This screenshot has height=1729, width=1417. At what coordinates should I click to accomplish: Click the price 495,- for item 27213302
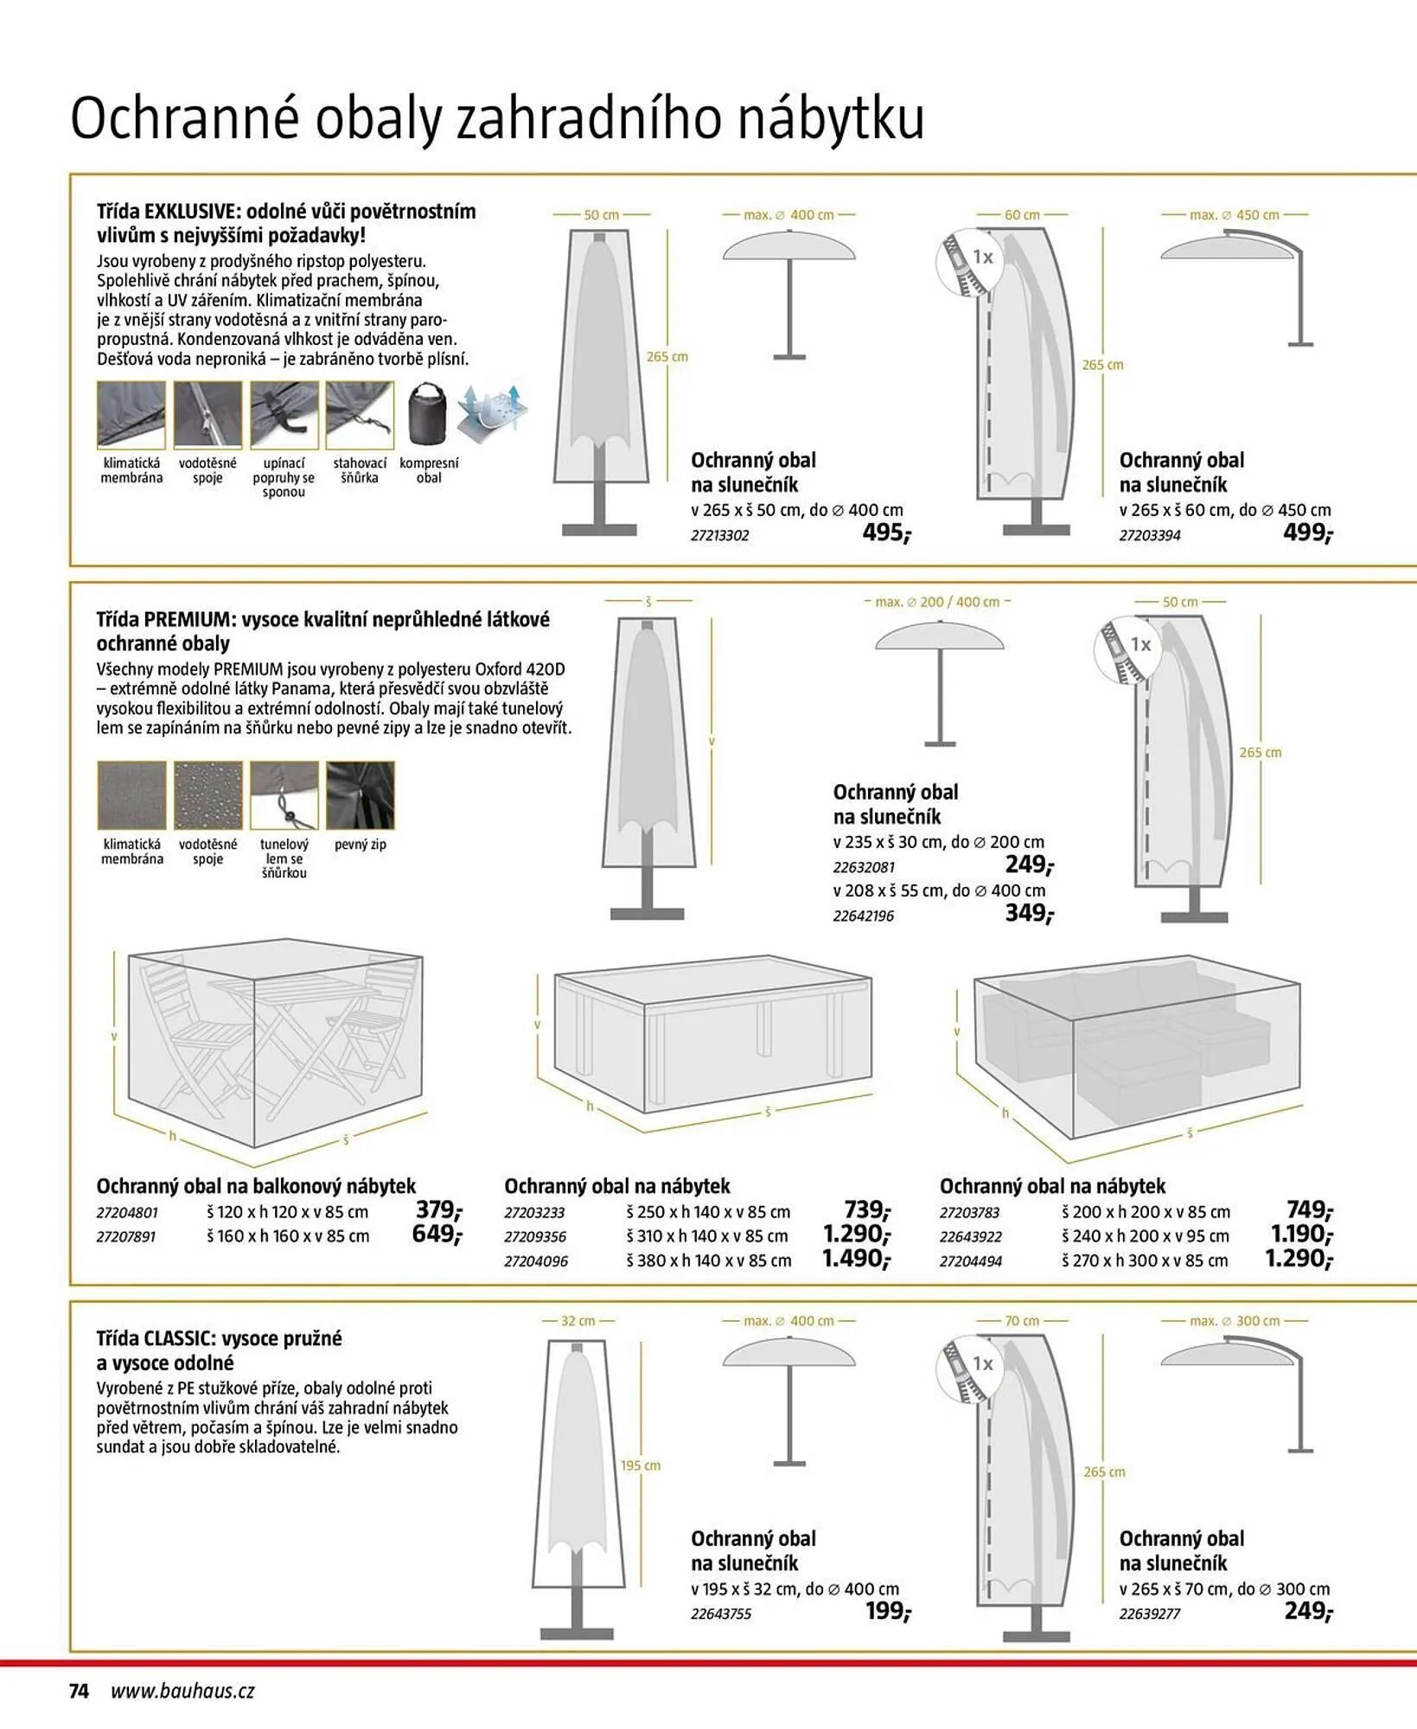click(885, 533)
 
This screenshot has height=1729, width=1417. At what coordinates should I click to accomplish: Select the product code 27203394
click(1149, 536)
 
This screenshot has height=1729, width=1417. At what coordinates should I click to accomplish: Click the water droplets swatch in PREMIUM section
click(208, 794)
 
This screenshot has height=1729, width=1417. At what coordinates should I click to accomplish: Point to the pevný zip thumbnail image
click(360, 794)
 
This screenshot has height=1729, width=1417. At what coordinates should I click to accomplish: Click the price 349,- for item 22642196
click(1029, 913)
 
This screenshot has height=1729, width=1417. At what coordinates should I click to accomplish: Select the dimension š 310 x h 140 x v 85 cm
click(707, 1236)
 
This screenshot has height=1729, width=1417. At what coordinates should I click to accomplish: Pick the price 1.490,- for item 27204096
click(855, 1260)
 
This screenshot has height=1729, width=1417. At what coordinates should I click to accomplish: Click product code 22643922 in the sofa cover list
click(970, 1237)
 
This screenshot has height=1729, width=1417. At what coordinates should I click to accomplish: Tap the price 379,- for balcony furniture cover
click(438, 1210)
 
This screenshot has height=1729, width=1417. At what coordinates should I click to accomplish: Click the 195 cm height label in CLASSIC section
click(640, 1465)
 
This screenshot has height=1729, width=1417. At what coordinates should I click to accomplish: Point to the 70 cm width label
click(1022, 1321)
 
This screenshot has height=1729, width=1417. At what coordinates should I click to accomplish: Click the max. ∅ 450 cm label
click(1234, 214)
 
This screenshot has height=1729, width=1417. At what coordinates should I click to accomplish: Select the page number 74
click(79, 1692)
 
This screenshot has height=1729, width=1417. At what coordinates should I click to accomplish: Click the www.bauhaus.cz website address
click(182, 1692)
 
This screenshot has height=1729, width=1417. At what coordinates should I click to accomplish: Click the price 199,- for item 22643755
click(887, 1611)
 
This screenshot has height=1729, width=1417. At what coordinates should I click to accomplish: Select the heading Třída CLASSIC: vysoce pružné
click(219, 1338)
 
